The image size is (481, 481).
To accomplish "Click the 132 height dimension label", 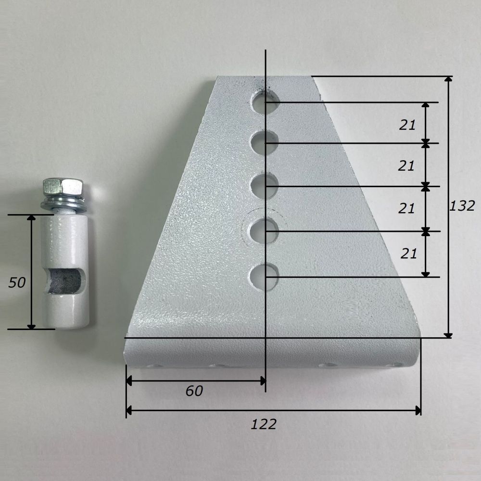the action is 462,206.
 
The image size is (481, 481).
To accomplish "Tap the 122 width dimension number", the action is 264,424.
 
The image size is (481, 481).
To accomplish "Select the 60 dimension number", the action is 194,391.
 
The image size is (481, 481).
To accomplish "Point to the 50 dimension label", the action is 16,282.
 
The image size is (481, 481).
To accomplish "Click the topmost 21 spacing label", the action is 407,125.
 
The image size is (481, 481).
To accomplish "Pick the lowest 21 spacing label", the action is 408,253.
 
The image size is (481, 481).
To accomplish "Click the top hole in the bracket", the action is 265,102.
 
